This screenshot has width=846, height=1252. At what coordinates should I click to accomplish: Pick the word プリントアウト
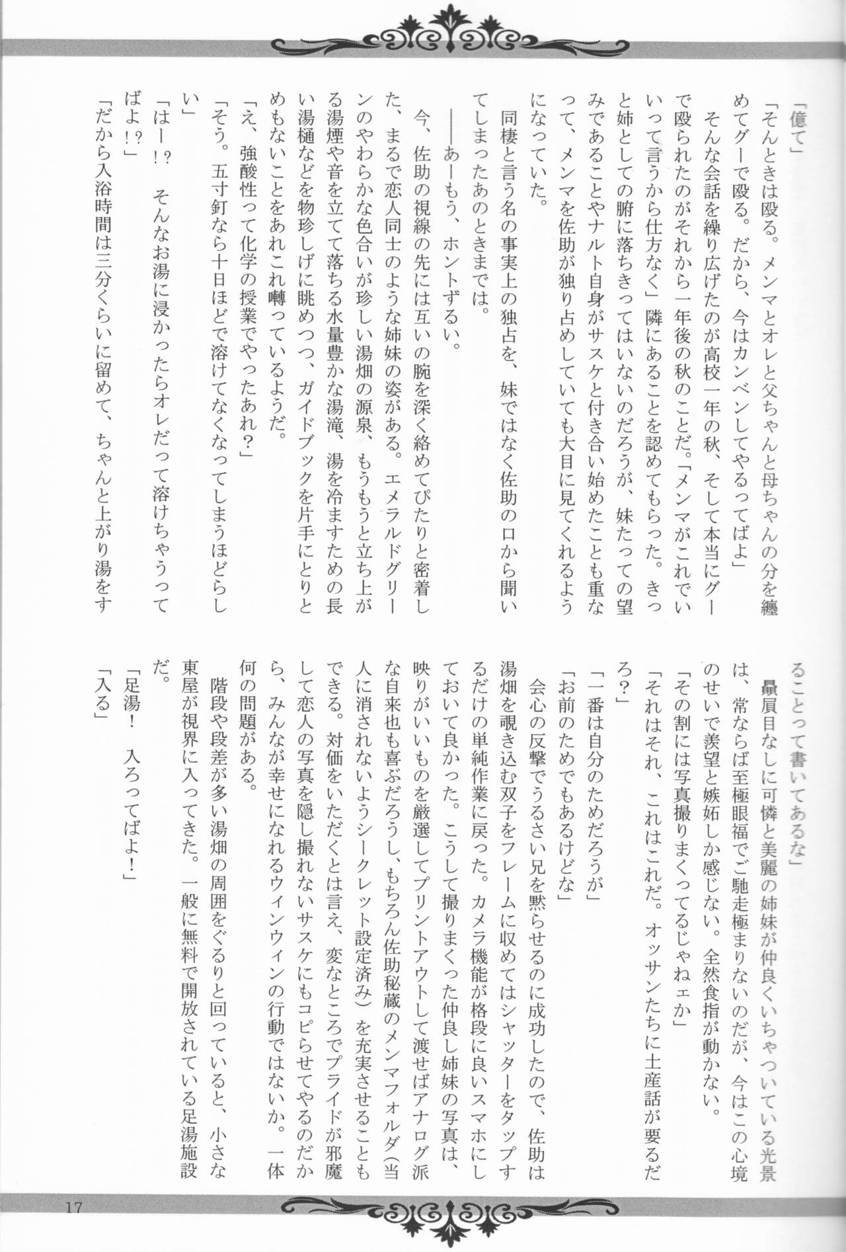(x=422, y=913)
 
